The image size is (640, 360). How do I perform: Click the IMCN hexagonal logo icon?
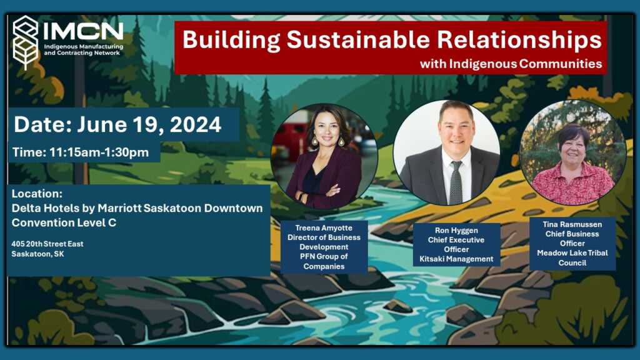[x=25, y=43]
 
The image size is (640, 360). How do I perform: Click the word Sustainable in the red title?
[x=358, y=40]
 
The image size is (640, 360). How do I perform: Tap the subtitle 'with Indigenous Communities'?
[x=511, y=64]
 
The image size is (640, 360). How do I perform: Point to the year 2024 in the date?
[x=196, y=124]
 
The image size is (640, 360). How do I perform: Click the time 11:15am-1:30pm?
[x=99, y=152]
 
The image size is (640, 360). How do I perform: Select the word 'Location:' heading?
[x=37, y=194]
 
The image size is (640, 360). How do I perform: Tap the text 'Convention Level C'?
[x=64, y=223]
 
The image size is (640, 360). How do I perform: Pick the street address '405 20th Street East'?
[x=47, y=244]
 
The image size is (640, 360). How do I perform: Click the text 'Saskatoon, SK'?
[x=37, y=254]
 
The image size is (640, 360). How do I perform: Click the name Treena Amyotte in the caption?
[x=324, y=228]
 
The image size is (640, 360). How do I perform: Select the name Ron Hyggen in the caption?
[x=456, y=231]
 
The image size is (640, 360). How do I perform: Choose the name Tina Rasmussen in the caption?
[x=572, y=224]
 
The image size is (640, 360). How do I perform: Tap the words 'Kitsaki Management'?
[x=456, y=259]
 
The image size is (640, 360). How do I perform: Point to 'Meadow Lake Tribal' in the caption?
[x=572, y=253]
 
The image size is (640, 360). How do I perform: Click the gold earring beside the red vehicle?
[x=315, y=141]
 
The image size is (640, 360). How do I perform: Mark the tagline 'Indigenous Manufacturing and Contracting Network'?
[x=83, y=50]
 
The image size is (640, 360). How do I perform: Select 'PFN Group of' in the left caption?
[x=324, y=257]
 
